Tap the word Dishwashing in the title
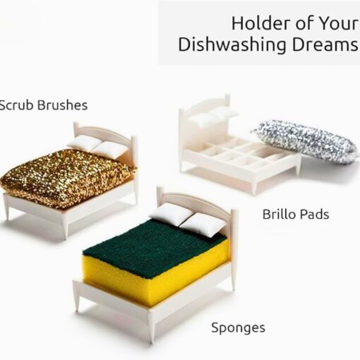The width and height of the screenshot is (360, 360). [232, 45]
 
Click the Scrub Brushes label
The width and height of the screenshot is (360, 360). [44, 105]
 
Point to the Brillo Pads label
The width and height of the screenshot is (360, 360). [296, 215]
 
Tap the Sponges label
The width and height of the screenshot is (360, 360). [238, 328]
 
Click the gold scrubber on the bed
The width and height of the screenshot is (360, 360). [67, 177]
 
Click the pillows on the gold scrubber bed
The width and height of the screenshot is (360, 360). [97, 146]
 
